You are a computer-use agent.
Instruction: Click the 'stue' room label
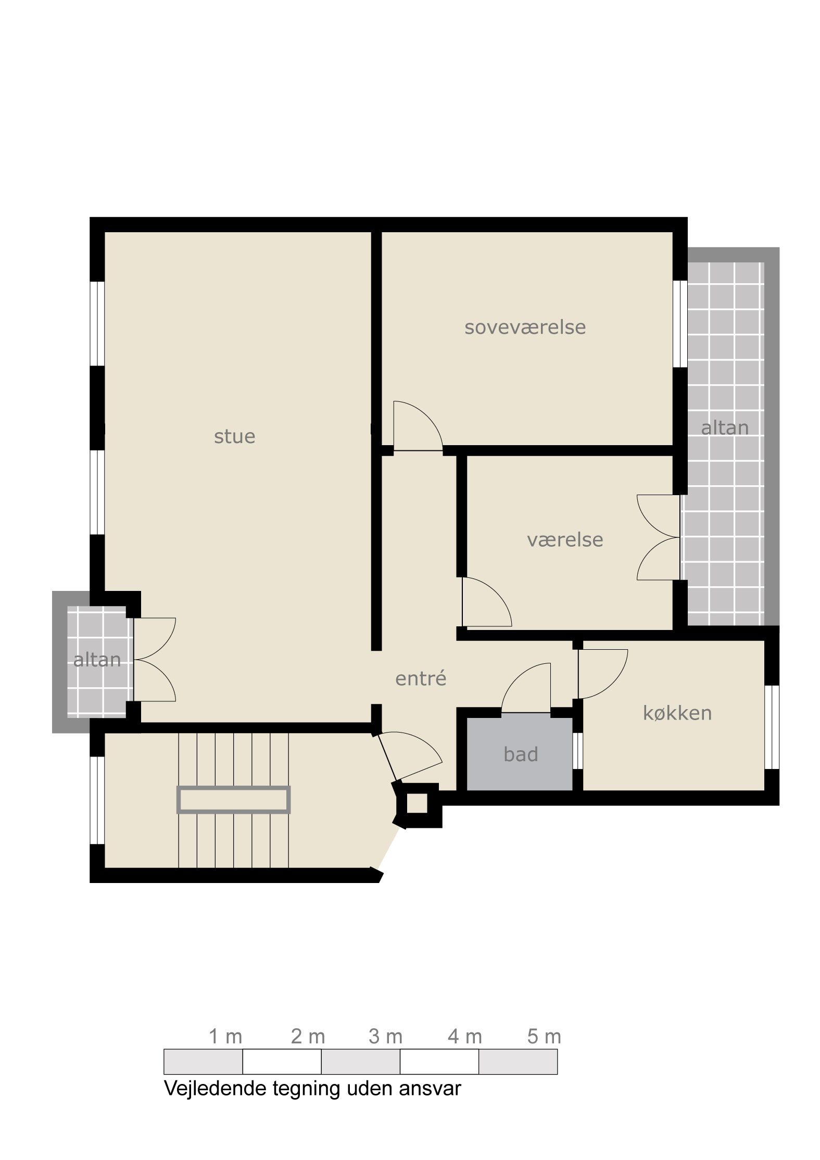coord(234,437)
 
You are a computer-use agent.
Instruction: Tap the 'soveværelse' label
coord(525,327)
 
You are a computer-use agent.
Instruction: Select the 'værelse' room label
coord(565,540)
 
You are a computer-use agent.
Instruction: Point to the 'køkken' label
coord(677,713)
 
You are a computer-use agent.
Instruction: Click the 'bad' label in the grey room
coord(521,754)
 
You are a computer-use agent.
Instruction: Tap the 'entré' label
coord(421,678)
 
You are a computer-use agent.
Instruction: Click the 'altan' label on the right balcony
coord(725,428)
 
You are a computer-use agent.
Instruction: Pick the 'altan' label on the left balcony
coord(97,660)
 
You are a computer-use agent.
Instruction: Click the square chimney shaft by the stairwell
coord(417,804)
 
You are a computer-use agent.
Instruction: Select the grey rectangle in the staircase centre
coord(234,799)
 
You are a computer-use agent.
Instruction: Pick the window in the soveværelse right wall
coord(680,324)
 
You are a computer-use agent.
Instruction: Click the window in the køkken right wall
coord(772,727)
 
